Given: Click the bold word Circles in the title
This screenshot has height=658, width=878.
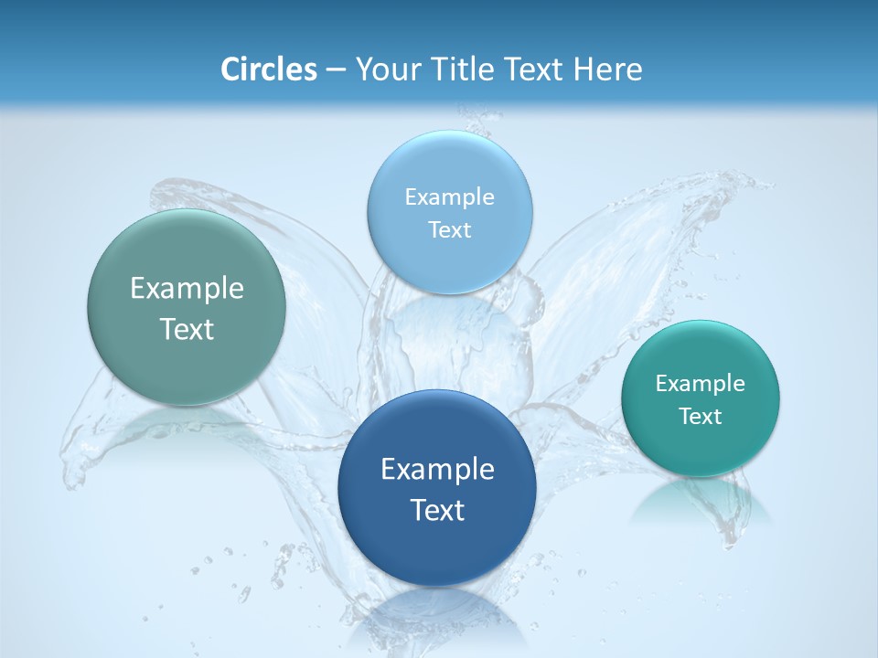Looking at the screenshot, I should click(x=268, y=69).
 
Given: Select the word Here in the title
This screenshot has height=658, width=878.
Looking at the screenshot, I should click(x=607, y=69).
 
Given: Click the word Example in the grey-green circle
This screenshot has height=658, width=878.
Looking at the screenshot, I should click(x=187, y=289).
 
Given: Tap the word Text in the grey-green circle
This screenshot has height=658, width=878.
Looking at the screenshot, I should click(x=187, y=329).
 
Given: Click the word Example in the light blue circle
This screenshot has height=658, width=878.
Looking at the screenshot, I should click(x=449, y=197).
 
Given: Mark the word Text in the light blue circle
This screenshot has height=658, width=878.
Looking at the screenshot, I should click(x=449, y=229).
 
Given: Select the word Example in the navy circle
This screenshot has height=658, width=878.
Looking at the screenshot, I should click(x=437, y=470).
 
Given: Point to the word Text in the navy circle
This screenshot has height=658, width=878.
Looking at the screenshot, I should click(x=437, y=510).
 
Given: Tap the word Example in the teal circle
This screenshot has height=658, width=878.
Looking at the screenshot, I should click(x=701, y=384).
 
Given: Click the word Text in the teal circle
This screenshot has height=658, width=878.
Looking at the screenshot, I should click(x=701, y=417).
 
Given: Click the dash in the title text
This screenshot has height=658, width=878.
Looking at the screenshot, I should click(x=335, y=70).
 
